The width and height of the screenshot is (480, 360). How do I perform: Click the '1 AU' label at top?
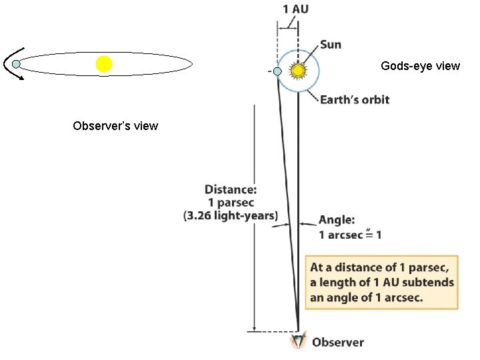(x=295, y=9)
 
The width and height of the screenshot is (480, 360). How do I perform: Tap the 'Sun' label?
(x=331, y=45)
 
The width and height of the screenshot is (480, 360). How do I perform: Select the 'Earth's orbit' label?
(x=355, y=99)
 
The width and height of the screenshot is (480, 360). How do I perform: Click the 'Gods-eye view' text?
(x=420, y=66)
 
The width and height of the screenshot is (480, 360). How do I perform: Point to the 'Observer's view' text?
(x=115, y=125)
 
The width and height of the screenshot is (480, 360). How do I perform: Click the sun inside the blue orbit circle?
(x=298, y=69)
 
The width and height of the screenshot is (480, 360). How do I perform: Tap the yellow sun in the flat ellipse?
(x=103, y=64)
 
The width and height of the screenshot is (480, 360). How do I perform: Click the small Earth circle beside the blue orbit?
(x=277, y=71)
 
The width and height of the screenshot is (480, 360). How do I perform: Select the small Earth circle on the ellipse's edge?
(x=17, y=64)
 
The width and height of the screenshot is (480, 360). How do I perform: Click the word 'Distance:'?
(x=231, y=190)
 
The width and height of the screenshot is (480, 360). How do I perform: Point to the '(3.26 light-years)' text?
(x=231, y=215)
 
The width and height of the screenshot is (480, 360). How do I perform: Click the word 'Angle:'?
(x=336, y=220)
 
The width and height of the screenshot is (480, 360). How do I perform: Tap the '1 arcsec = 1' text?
(x=350, y=235)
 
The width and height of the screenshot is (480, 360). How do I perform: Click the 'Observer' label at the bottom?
(x=338, y=343)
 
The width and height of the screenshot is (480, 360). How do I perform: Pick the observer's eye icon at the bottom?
(x=297, y=341)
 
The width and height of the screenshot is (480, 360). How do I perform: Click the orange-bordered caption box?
(x=382, y=282)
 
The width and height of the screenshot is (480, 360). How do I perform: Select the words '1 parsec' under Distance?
(x=231, y=203)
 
